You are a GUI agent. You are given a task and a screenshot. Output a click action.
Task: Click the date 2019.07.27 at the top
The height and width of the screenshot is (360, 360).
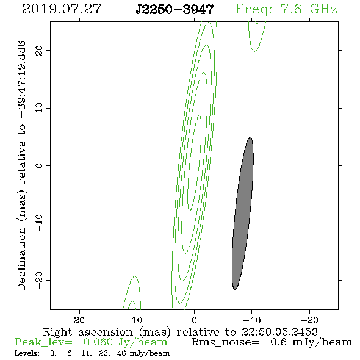pos(62,9)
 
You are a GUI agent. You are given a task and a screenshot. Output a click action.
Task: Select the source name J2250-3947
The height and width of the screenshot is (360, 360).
pos(175,9)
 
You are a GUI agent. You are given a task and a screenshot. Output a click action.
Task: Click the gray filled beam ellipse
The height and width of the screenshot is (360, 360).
pos(243,213)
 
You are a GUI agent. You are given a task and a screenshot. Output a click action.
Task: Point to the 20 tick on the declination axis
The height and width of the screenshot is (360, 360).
pos(39,50)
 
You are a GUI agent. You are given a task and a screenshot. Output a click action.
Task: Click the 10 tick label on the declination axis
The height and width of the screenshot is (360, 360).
pos(39,108)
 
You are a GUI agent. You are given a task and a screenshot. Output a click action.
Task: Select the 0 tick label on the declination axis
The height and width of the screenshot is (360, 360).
pos(39,165)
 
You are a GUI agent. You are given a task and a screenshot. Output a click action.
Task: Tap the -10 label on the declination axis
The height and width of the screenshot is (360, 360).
pos(39,223)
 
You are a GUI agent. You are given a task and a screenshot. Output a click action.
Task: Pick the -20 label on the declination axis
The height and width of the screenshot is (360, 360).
pos(39,280)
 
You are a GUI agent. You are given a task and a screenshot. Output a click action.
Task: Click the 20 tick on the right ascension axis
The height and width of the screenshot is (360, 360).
pos(79,320)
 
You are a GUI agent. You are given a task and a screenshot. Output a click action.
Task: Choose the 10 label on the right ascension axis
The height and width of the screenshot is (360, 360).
pos(137,320)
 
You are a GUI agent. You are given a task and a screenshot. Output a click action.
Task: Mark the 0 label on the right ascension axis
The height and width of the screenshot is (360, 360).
pos(195,320)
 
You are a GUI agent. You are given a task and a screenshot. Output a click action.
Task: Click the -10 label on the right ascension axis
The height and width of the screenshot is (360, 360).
pos(252,320)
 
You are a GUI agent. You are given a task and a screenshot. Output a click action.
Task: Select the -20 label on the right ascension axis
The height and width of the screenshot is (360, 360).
pos(310,320)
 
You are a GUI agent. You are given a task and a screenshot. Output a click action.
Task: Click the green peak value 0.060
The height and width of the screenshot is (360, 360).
pos(98,342)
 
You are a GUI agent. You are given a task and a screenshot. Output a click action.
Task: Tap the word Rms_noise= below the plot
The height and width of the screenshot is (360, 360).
pos(225,342)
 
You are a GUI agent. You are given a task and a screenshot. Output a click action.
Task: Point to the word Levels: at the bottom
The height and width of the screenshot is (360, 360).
pos(27,353)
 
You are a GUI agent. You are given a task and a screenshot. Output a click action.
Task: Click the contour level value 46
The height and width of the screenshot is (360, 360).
pos(121,353)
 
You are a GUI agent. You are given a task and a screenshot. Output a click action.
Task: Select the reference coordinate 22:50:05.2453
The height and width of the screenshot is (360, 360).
pos(279,332)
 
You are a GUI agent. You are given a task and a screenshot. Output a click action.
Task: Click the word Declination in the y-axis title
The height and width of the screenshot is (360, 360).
pos(21,259)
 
